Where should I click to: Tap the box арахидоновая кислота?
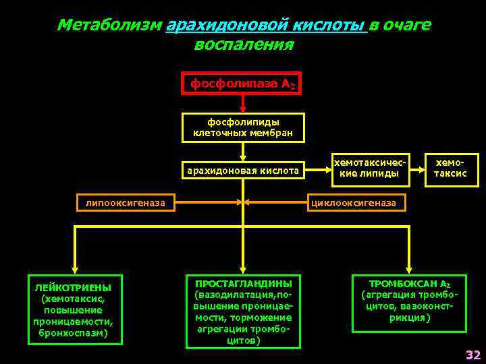[243, 171]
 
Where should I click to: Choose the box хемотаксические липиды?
[369, 169]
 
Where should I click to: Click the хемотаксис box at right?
[450, 169]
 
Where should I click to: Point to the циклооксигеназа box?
[358, 202]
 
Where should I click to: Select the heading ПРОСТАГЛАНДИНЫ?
[243, 284]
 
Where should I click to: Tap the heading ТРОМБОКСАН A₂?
[409, 284]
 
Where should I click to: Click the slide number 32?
[473, 355]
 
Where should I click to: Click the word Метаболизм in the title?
[109, 25]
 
